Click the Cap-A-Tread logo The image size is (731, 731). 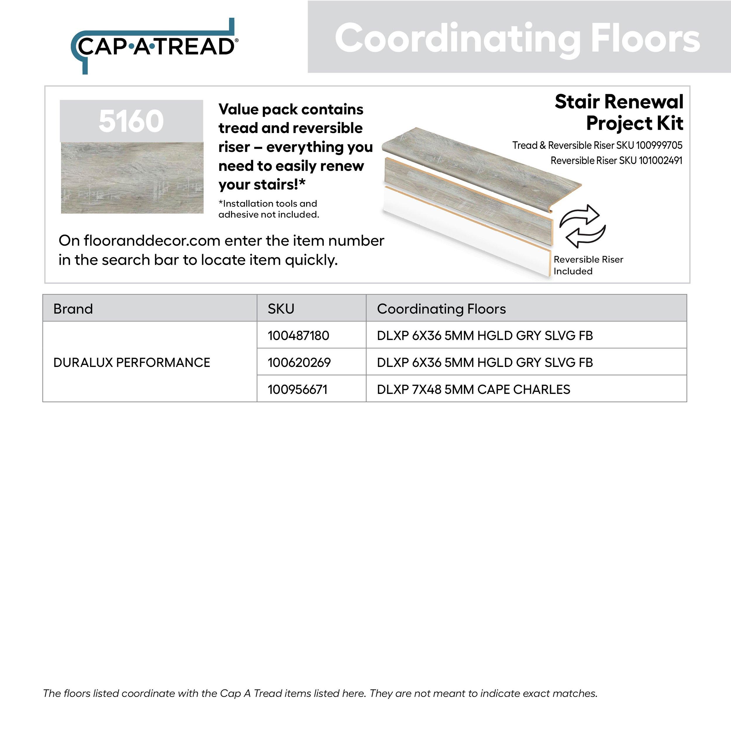[x=154, y=46]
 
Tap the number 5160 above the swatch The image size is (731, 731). [x=131, y=121]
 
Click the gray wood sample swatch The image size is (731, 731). [x=132, y=178]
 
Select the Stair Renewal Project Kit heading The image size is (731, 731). [x=619, y=112]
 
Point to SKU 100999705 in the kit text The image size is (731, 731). [x=659, y=145]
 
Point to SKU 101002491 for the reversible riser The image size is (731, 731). [x=660, y=161]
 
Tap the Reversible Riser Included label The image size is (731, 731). [x=588, y=265]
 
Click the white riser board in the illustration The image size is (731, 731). [x=466, y=235]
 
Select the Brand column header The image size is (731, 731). [x=73, y=309]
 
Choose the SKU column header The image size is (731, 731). [x=281, y=309]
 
